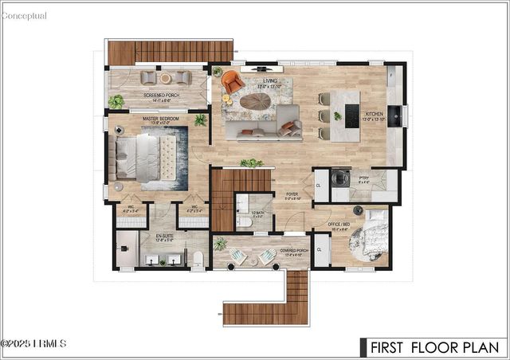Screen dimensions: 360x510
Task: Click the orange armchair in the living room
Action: (x=233, y=82)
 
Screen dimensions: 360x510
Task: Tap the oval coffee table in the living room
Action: (x=257, y=101)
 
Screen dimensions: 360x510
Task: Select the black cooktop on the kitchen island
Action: (x=350, y=116)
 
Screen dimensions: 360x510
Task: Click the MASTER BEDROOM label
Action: (x=161, y=119)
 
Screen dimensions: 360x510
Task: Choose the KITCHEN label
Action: (x=375, y=114)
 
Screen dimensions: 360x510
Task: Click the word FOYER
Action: (x=292, y=194)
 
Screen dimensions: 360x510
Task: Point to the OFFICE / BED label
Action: (x=339, y=225)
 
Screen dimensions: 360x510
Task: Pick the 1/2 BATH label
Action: (x=258, y=213)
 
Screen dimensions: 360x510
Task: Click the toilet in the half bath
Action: (x=245, y=223)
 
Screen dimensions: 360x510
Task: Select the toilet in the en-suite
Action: (x=197, y=257)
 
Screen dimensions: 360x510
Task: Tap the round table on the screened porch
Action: (x=165, y=78)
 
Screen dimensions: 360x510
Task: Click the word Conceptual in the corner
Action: (x=24, y=15)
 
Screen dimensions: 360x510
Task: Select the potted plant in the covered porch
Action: (x=220, y=244)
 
